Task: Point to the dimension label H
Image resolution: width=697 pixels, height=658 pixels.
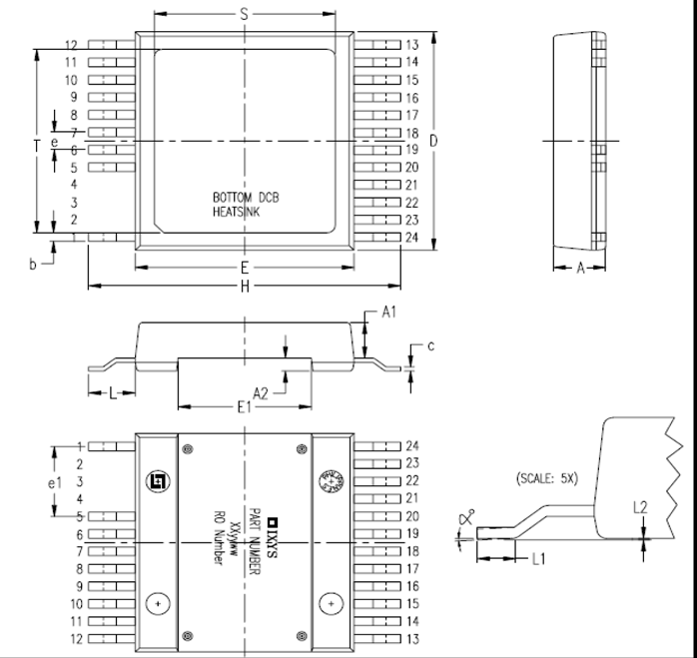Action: click(245, 287)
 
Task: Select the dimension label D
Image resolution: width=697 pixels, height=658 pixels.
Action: click(433, 141)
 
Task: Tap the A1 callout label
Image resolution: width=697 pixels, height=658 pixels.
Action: click(390, 313)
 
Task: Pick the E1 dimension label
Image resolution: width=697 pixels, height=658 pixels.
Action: click(244, 407)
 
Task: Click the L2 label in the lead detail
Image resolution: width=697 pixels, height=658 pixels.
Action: click(641, 507)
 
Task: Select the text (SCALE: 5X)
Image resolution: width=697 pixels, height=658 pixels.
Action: click(547, 477)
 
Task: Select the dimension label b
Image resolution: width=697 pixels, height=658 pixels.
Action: click(32, 265)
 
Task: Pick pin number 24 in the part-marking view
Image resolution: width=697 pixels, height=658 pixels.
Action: click(412, 445)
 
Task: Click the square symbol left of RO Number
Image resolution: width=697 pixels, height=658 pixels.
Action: click(157, 480)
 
